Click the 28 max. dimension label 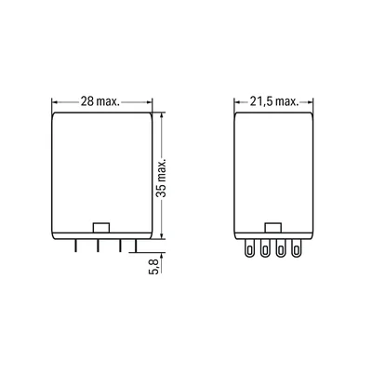click(x=100, y=101)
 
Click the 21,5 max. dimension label click(x=274, y=101)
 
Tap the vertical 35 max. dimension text click(x=161, y=179)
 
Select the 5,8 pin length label click(x=154, y=267)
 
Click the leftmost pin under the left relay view click(x=75, y=246)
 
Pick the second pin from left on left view click(x=98, y=246)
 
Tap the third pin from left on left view click(x=120, y=246)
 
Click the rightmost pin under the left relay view click(x=135, y=246)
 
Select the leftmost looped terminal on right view click(x=248, y=248)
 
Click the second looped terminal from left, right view click(x=264, y=248)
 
